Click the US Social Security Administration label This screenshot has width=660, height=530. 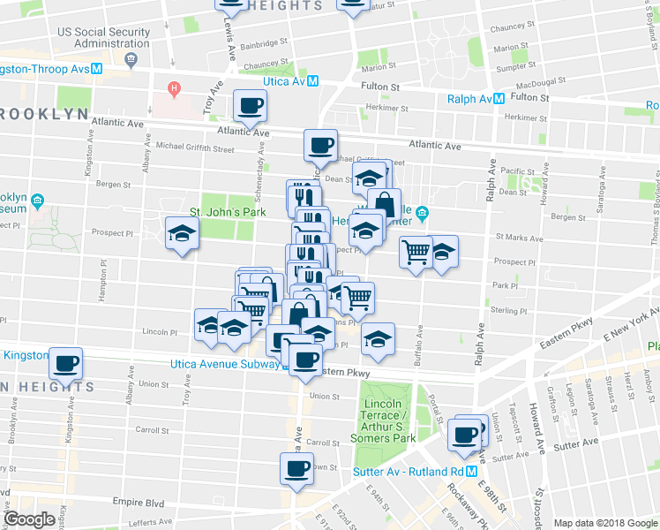[x=102, y=37]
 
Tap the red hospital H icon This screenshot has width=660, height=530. [x=175, y=88]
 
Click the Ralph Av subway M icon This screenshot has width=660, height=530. [x=499, y=99]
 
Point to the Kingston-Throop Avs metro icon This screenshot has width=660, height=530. [x=98, y=68]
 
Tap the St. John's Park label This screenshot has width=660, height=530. [x=221, y=212]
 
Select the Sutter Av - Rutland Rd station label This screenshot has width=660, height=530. [x=415, y=459]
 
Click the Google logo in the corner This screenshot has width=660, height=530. [x=28, y=519]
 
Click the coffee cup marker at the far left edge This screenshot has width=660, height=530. [x=65, y=363]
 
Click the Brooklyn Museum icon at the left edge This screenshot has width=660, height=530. [x=38, y=201]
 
